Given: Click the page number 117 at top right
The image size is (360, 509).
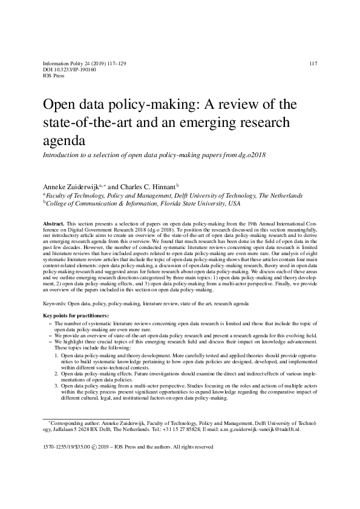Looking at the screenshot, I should tap(313, 63).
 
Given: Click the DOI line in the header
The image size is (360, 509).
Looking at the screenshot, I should tap(66, 70).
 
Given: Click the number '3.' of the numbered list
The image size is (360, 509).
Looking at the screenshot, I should tap(56, 384).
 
